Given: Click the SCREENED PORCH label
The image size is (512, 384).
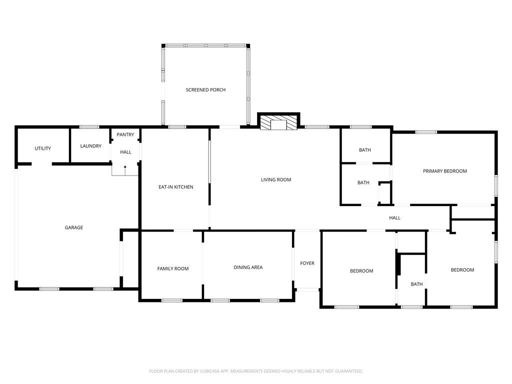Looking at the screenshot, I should tap(205, 90).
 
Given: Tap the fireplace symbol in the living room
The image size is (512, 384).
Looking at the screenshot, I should tap(278, 123).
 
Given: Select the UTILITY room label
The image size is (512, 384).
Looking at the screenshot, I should tap(42, 148).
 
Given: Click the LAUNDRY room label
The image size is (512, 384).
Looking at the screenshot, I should tap(91, 146).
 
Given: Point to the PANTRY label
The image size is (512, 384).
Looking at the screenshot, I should tap(125, 134).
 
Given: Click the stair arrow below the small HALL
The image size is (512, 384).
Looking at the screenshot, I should tap(125, 166).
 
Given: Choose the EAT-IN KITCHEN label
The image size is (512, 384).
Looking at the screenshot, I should tap(175, 187).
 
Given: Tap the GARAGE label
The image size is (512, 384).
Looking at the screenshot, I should tap(74, 227).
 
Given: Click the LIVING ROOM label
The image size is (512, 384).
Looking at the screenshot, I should tap(276, 179).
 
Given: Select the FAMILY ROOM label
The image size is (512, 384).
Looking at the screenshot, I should tap(173, 268).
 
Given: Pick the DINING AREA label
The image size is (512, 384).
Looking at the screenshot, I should tap(248, 267).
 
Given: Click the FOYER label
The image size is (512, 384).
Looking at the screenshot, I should tap(307, 263).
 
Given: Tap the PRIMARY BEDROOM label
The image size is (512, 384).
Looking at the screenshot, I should tap(444, 171).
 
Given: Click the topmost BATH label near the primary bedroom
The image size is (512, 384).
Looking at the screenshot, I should tap(365, 150).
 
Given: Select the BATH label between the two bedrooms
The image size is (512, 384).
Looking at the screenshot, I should tap(416, 284).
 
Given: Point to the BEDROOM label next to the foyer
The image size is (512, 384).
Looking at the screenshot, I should tap(361, 271).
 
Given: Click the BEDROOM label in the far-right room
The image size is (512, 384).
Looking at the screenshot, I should tap(462, 270).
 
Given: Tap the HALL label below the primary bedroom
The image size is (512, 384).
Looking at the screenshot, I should tap(395, 217).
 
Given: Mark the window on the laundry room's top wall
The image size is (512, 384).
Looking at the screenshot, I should tap(89, 127).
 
